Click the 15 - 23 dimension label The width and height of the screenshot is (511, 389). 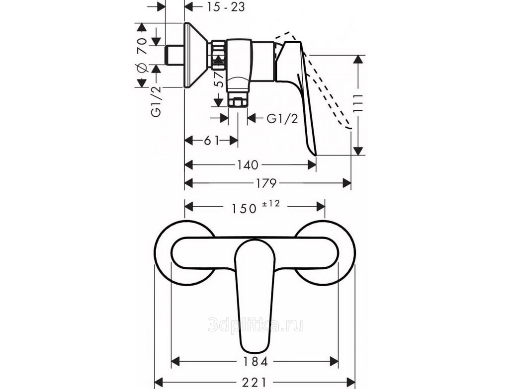click(226, 7)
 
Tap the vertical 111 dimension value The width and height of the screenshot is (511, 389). click(358, 104)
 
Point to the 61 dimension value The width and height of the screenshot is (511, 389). click(211, 141)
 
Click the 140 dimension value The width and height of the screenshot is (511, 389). click(248, 165)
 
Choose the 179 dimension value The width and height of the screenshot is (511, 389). click(266, 183)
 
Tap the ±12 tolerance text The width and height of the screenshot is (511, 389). click(271, 204)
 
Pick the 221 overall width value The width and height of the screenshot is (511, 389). click(255, 382)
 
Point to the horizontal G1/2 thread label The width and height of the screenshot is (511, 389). click(282, 119)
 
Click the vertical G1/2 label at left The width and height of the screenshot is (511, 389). click(156, 102)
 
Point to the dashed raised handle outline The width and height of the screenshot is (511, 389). click(326, 85)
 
